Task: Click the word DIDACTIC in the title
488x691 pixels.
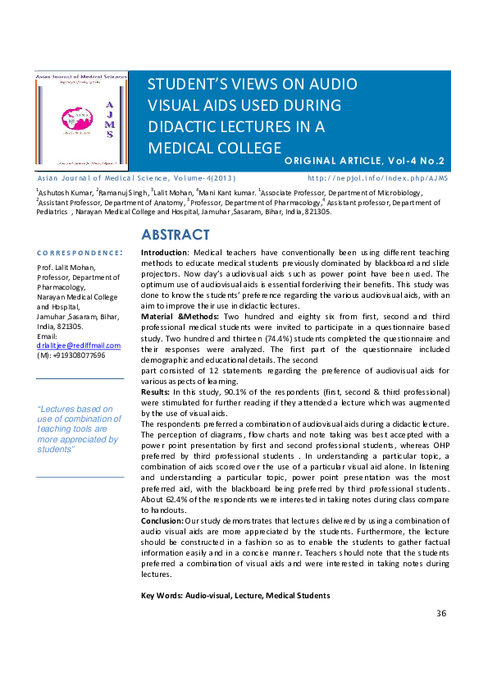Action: (x=181, y=126)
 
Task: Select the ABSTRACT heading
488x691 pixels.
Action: (x=176, y=236)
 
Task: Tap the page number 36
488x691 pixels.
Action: (x=441, y=613)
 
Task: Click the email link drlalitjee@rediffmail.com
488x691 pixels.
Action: (x=79, y=346)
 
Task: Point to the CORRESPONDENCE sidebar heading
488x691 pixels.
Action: (x=80, y=253)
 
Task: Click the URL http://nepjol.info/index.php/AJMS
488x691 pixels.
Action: (x=378, y=177)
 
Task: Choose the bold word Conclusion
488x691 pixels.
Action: (x=162, y=519)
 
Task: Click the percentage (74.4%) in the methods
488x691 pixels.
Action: (x=274, y=337)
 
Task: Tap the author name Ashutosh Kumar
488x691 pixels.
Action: (x=65, y=192)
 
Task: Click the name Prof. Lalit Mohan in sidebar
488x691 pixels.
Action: (x=66, y=267)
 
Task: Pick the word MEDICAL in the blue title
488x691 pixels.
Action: (x=182, y=147)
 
